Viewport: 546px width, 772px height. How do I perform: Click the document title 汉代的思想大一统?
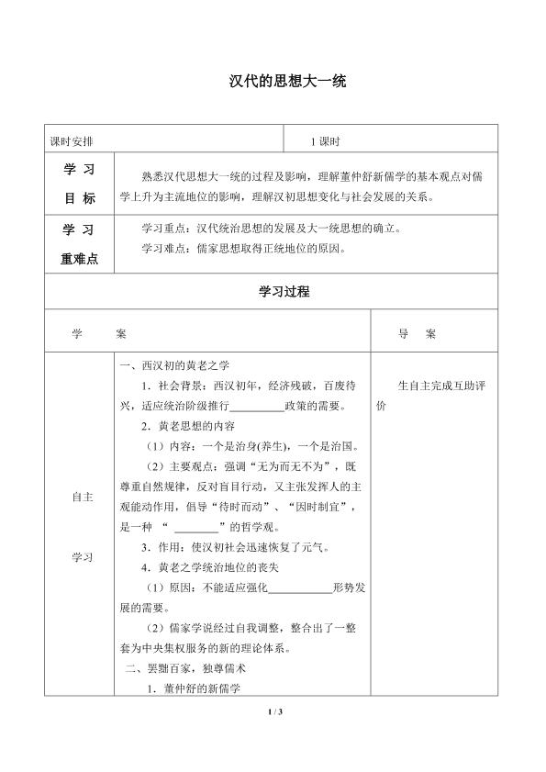coord(273,81)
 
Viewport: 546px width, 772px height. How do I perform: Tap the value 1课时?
coord(326,141)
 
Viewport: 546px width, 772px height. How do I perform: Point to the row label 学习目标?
coord(78,185)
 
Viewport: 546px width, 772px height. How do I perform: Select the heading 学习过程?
coord(273,292)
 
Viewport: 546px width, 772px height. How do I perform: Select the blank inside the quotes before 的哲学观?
coord(195,527)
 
